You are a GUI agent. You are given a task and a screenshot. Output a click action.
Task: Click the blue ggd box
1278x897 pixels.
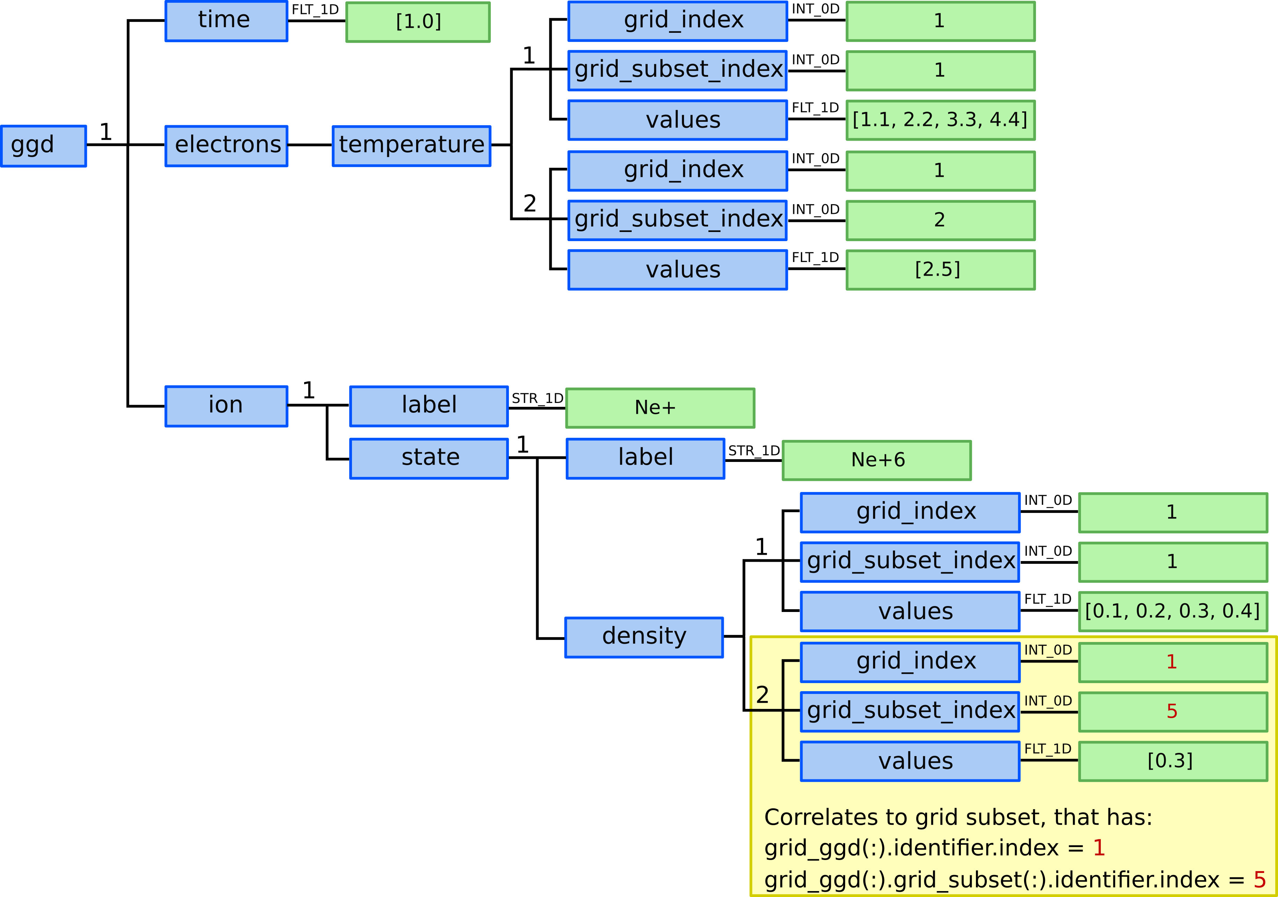coord(43,146)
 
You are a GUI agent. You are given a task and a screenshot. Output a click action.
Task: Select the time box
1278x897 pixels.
coord(226,21)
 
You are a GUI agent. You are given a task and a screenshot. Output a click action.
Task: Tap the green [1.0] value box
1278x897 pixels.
coord(418,22)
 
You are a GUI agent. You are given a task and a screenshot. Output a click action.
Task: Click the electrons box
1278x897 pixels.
coord(226,146)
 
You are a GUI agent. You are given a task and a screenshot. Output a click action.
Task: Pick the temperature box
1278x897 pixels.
coord(411,146)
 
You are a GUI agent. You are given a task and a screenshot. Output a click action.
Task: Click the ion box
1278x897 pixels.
coord(226,406)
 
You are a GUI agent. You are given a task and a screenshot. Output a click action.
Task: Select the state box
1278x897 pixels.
coord(429,458)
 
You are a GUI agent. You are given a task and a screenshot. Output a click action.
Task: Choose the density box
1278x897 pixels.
coord(644,637)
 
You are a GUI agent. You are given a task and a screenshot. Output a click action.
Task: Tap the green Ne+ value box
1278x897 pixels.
coord(660,408)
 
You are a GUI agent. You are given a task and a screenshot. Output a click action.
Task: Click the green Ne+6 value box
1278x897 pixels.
coord(877,460)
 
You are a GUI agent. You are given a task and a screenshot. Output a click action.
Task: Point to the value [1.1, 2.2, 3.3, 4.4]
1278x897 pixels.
coord(940,120)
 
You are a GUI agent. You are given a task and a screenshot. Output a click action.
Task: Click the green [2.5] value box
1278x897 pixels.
coord(940,269)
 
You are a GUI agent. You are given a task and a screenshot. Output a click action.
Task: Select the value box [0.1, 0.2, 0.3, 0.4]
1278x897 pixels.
coord(1173,611)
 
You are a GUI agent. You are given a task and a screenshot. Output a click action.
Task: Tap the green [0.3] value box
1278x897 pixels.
coord(1173,761)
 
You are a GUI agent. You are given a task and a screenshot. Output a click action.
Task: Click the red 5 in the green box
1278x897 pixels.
coord(1172,712)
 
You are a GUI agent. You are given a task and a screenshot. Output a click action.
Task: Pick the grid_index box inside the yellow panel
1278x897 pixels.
coord(910,661)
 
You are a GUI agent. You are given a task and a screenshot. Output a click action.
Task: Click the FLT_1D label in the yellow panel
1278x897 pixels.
coord(1047,749)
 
